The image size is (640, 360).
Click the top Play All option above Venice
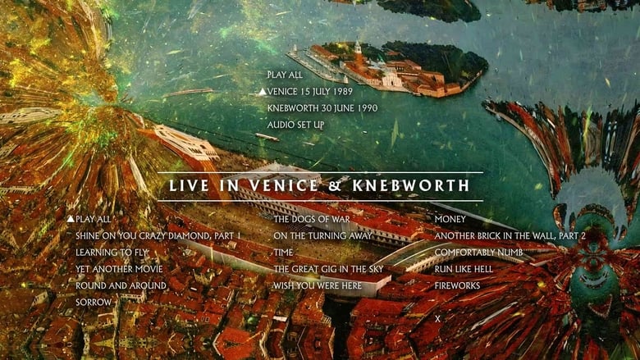click(285, 75)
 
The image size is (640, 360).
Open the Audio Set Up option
click(295, 125)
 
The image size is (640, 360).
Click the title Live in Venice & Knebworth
click(319, 186)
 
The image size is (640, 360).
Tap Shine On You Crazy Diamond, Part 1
click(158, 236)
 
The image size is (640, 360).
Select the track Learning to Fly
click(113, 253)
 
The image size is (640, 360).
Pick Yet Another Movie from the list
click(119, 269)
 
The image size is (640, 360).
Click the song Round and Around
click(121, 285)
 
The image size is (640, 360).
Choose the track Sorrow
click(94, 303)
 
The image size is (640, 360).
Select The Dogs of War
click(311, 220)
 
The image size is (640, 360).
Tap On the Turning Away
click(322, 236)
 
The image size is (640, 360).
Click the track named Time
click(283, 253)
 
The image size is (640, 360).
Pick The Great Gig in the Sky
click(327, 269)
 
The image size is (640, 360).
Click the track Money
click(450, 220)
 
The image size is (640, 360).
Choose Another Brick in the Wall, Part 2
click(510, 236)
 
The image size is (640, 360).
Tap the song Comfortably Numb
click(478, 253)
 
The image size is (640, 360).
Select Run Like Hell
click(463, 269)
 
